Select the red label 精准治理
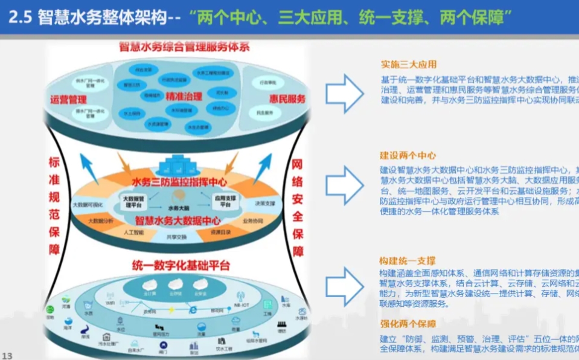(x=184, y=95)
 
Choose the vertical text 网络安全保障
(x=297, y=207)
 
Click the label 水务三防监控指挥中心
(x=179, y=181)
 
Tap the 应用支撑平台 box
(x=225, y=201)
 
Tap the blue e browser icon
(x=193, y=309)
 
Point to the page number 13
(x=8, y=355)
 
